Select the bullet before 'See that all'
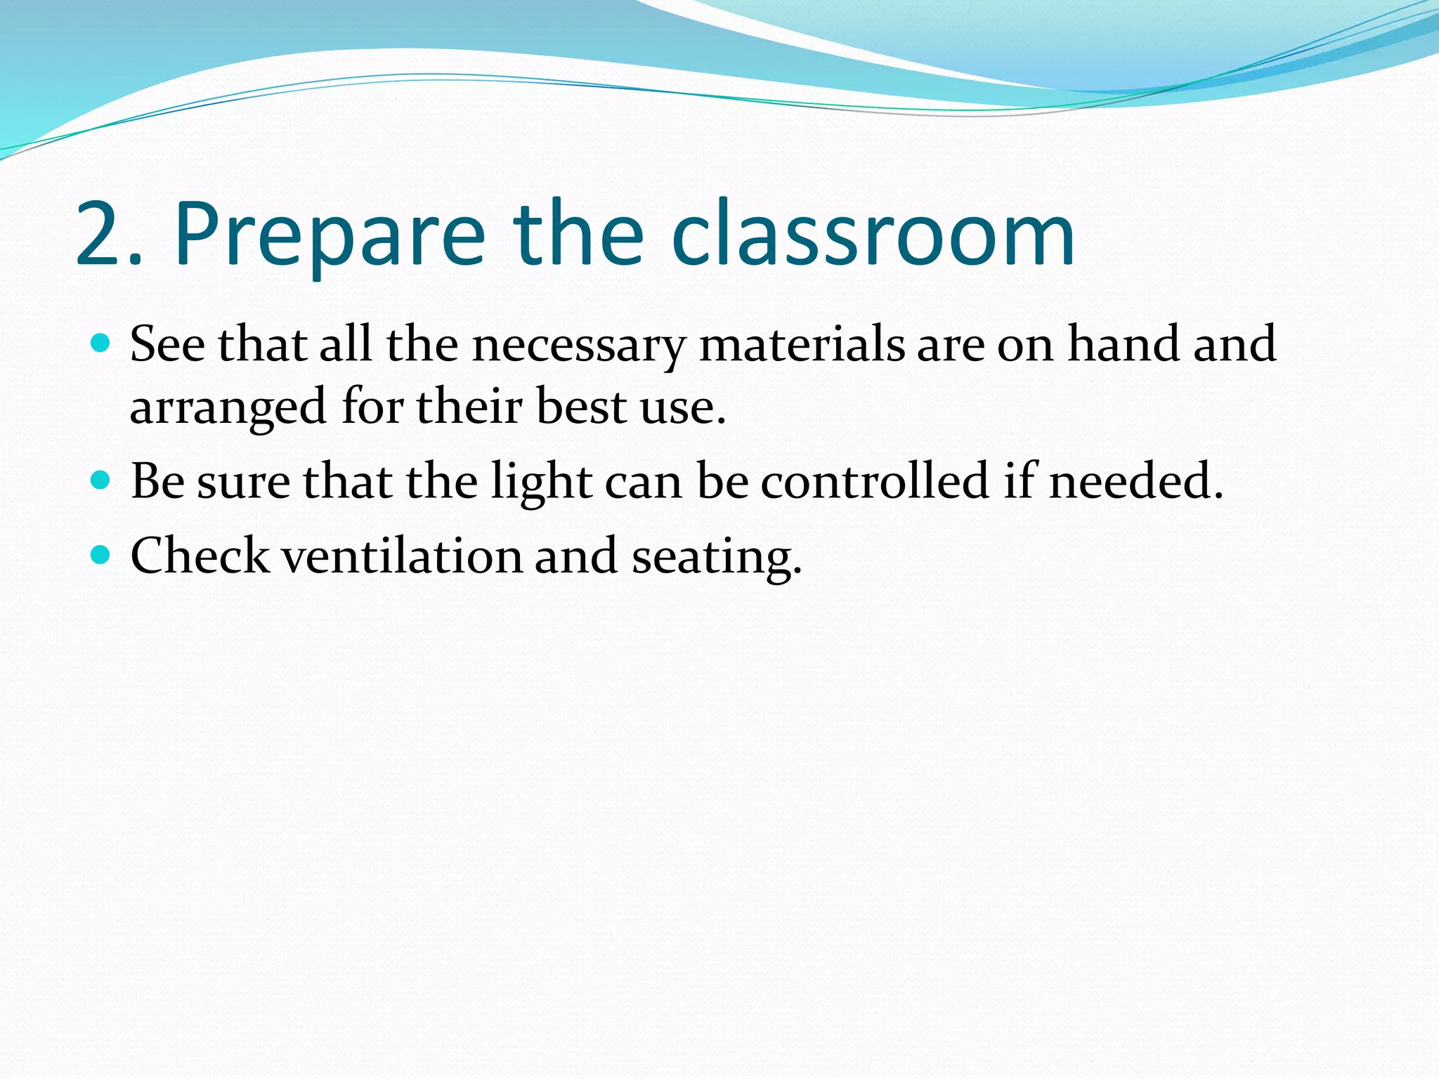pyautogui.click(x=101, y=344)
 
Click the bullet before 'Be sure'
pyautogui.click(x=101, y=480)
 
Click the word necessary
pyautogui.click(x=578, y=346)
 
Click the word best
pyautogui.click(x=581, y=407)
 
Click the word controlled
pyautogui.click(x=875, y=481)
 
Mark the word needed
pyautogui.click(x=1135, y=481)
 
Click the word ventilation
pyautogui.click(x=403, y=556)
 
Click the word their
pyautogui.click(x=469, y=407)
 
